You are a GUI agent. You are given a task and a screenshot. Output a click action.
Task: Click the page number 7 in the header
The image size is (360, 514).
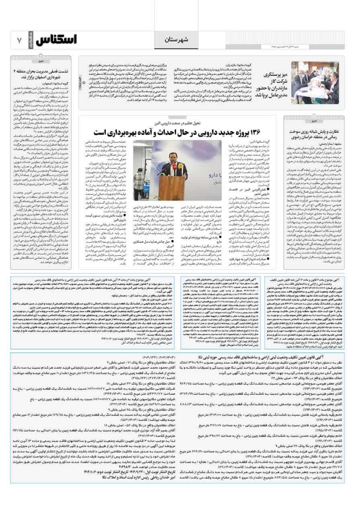pos(19,41)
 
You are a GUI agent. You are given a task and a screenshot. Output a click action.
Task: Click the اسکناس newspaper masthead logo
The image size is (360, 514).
pos(56,40)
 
